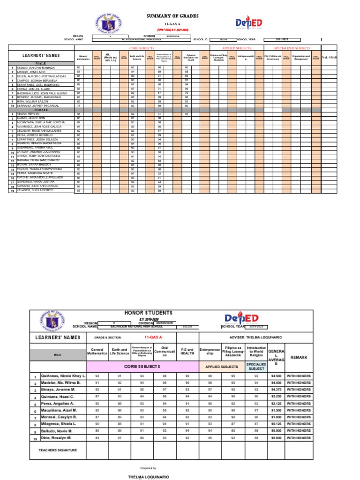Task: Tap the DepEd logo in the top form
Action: (x=249, y=24)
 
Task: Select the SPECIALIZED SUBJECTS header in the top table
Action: (x=292, y=48)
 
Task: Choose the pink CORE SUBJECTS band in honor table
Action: (x=141, y=366)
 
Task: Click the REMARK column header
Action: (x=299, y=357)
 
